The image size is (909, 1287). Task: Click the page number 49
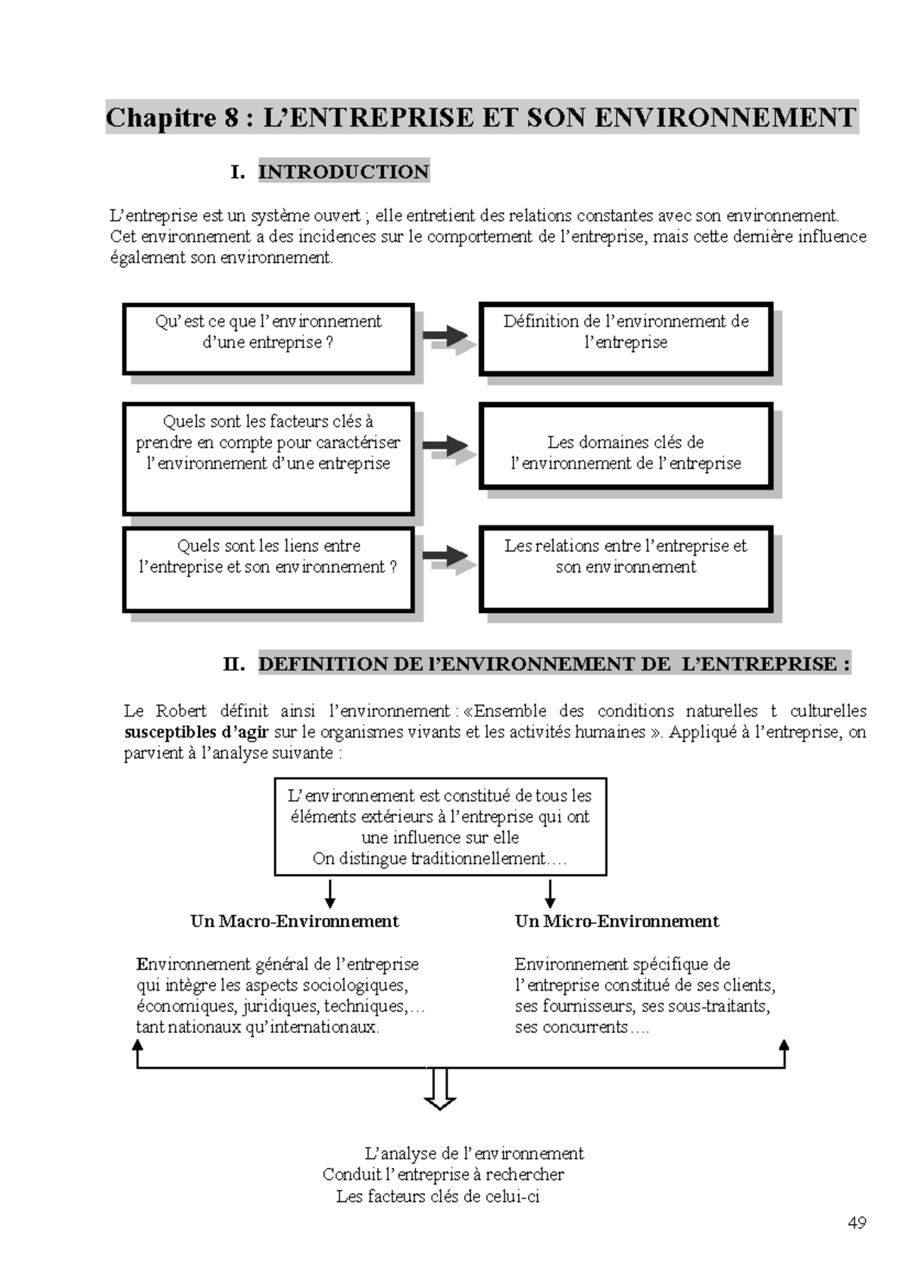pyautogui.click(x=857, y=1222)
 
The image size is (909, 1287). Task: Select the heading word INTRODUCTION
pyautogui.click(x=343, y=172)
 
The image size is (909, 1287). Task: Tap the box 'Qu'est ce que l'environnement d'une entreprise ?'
pyautogui.click(x=268, y=339)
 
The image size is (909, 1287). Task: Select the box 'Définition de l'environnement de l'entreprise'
pyautogui.click(x=626, y=339)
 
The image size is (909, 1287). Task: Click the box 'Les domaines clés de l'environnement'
pyautogui.click(x=626, y=446)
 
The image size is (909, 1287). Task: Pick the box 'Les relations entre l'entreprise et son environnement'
pyautogui.click(x=626, y=568)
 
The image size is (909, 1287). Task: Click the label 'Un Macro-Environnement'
pyautogui.click(x=294, y=921)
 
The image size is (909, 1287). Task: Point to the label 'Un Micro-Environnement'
pyautogui.click(x=617, y=921)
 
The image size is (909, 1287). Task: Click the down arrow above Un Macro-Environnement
pyautogui.click(x=330, y=894)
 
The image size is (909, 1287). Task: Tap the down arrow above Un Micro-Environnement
pyautogui.click(x=550, y=894)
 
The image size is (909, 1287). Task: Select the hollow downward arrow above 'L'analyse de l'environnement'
pyautogui.click(x=439, y=1090)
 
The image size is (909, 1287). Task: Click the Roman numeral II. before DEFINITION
pyautogui.click(x=233, y=665)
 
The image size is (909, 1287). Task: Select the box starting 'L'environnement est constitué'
pyautogui.click(x=440, y=826)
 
